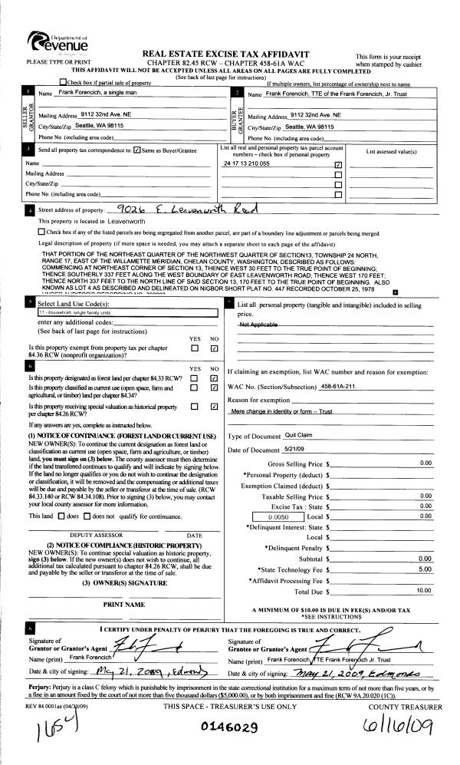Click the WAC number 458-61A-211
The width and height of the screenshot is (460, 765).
pyautogui.click(x=340, y=385)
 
